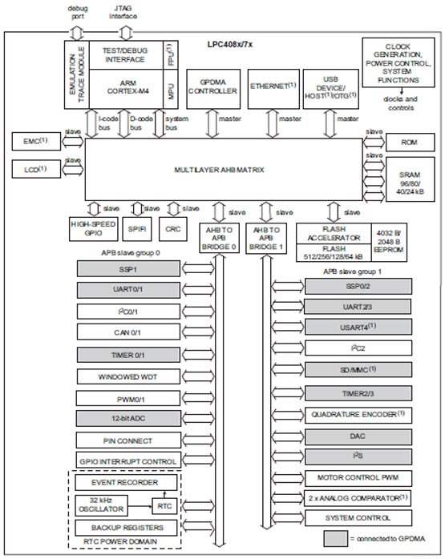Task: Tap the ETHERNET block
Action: [x=273, y=85]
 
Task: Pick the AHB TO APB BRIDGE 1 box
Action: [x=264, y=239]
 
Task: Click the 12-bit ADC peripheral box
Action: [x=129, y=419]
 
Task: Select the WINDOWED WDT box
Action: [x=129, y=376]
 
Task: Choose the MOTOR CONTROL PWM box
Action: [x=357, y=479]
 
